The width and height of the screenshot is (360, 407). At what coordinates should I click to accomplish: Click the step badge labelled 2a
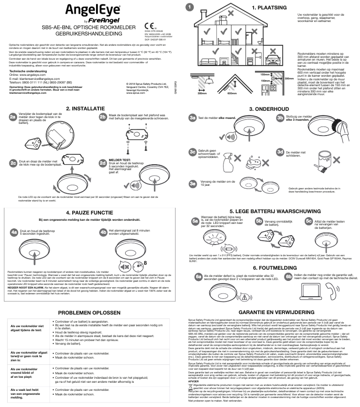pyautogui.click(x=13, y=117)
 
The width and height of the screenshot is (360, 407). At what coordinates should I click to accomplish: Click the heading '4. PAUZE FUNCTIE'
pyautogui.click(x=88, y=212)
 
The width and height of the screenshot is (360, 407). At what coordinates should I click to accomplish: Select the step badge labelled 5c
pyautogui.click(x=309, y=220)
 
